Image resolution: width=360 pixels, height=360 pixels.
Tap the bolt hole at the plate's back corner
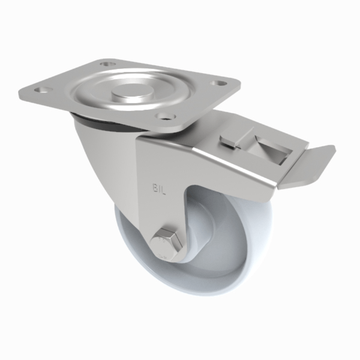point(107,63)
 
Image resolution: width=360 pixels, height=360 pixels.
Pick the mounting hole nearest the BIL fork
point(163,117)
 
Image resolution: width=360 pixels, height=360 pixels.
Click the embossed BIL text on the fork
point(157,188)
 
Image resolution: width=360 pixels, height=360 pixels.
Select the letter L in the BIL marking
point(162,188)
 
